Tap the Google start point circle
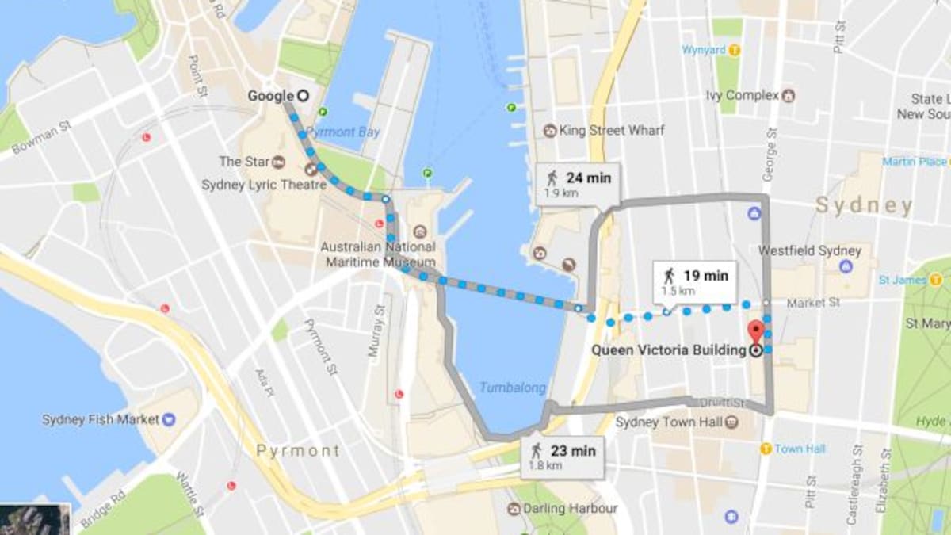tap(302, 96)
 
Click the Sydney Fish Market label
tap(101, 419)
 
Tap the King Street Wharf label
tap(610, 130)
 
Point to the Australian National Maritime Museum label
tap(377, 254)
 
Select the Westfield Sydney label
tap(797, 250)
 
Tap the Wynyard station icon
tap(735, 50)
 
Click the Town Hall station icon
tap(766, 449)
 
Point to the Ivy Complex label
tap(743, 95)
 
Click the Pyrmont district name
tap(297, 451)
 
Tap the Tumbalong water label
tap(512, 388)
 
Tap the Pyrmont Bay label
tap(343, 132)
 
